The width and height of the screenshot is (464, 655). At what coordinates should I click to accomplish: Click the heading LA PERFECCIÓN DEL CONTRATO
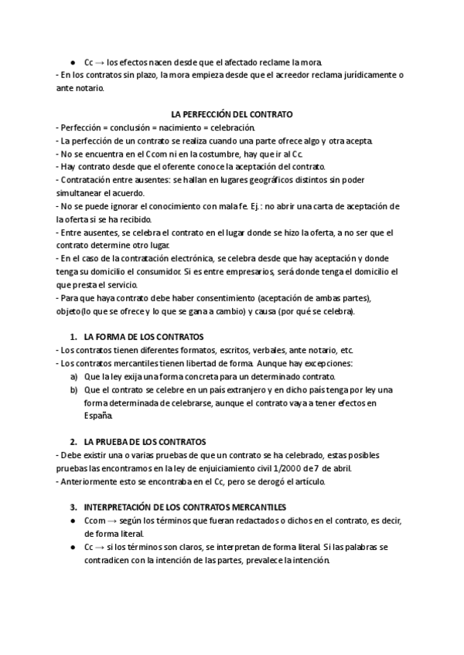point(231,114)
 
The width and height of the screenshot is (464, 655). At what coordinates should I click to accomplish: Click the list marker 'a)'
point(74,376)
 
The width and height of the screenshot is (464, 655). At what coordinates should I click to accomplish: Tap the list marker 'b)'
point(74,389)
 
